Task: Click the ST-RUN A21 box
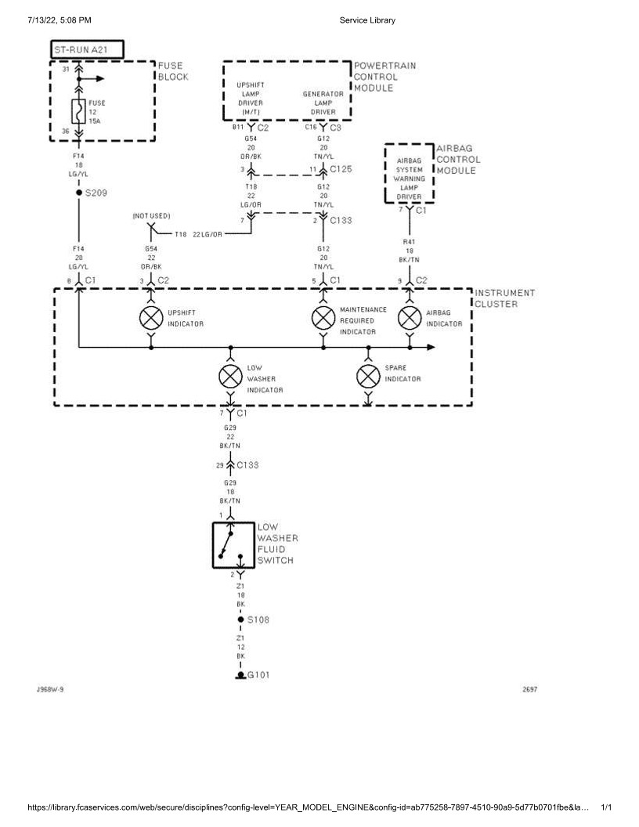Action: pos(87,49)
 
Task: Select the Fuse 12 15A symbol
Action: pos(78,111)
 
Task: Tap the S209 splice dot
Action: pos(78,192)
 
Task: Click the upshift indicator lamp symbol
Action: pos(150,318)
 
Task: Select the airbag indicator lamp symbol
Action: pos(409,318)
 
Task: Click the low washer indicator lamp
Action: pos(229,377)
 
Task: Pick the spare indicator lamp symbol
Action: pos(368,377)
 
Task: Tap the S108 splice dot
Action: pos(240,619)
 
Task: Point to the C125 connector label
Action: pos(341,168)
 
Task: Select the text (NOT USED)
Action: pos(151,215)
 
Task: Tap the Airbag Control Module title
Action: pos(458,159)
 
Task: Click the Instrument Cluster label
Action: pos(505,298)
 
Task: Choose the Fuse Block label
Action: pos(173,71)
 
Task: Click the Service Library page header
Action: pos(367,20)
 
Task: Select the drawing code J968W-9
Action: pos(49,689)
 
